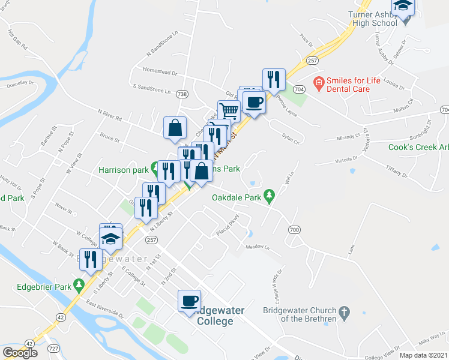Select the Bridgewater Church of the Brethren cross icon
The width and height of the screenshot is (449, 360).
tap(343, 312)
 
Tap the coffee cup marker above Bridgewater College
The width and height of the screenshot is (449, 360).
tap(190, 301)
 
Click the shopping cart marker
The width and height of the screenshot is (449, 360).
tap(229, 111)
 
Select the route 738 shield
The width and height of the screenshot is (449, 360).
tap(182, 94)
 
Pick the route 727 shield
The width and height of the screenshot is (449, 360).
tap(52, 349)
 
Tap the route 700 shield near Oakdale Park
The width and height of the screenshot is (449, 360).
tap(294, 230)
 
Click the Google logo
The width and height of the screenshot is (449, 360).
tap(20, 353)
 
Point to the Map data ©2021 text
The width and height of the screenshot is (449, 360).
tap(423, 355)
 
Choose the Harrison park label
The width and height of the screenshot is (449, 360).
tap(123, 170)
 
